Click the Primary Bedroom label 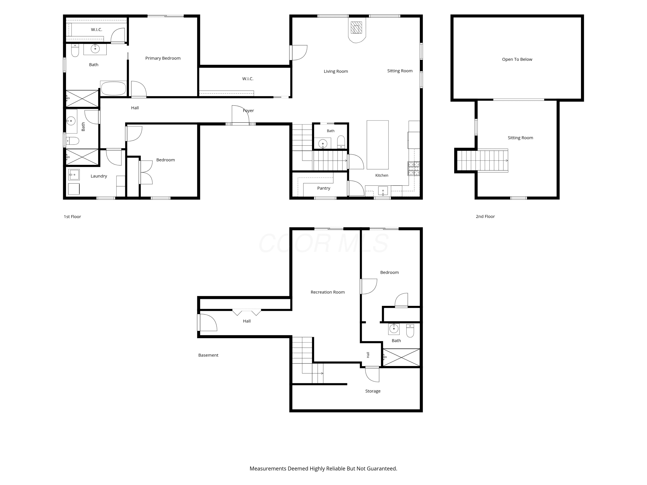pyautogui.click(x=163, y=58)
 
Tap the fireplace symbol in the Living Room pyautogui.click(x=356, y=30)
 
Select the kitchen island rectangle pyautogui.click(x=378, y=145)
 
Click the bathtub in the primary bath pyautogui.click(x=113, y=88)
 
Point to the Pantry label pyautogui.click(x=323, y=188)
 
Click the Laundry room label pyautogui.click(x=99, y=176)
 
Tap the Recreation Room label pyautogui.click(x=328, y=292)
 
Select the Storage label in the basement pyautogui.click(x=373, y=391)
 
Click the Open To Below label pyautogui.click(x=517, y=59)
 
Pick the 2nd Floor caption pyautogui.click(x=485, y=217)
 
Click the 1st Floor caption pyautogui.click(x=72, y=217)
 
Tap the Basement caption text pyautogui.click(x=208, y=355)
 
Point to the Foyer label pyautogui.click(x=248, y=111)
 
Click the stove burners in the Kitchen pyautogui.click(x=414, y=168)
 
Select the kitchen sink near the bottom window pyautogui.click(x=383, y=191)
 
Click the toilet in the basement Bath pyautogui.click(x=410, y=330)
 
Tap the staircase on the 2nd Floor pyautogui.click(x=482, y=161)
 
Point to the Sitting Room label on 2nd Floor pyautogui.click(x=520, y=138)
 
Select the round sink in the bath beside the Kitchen pyautogui.click(x=323, y=144)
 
